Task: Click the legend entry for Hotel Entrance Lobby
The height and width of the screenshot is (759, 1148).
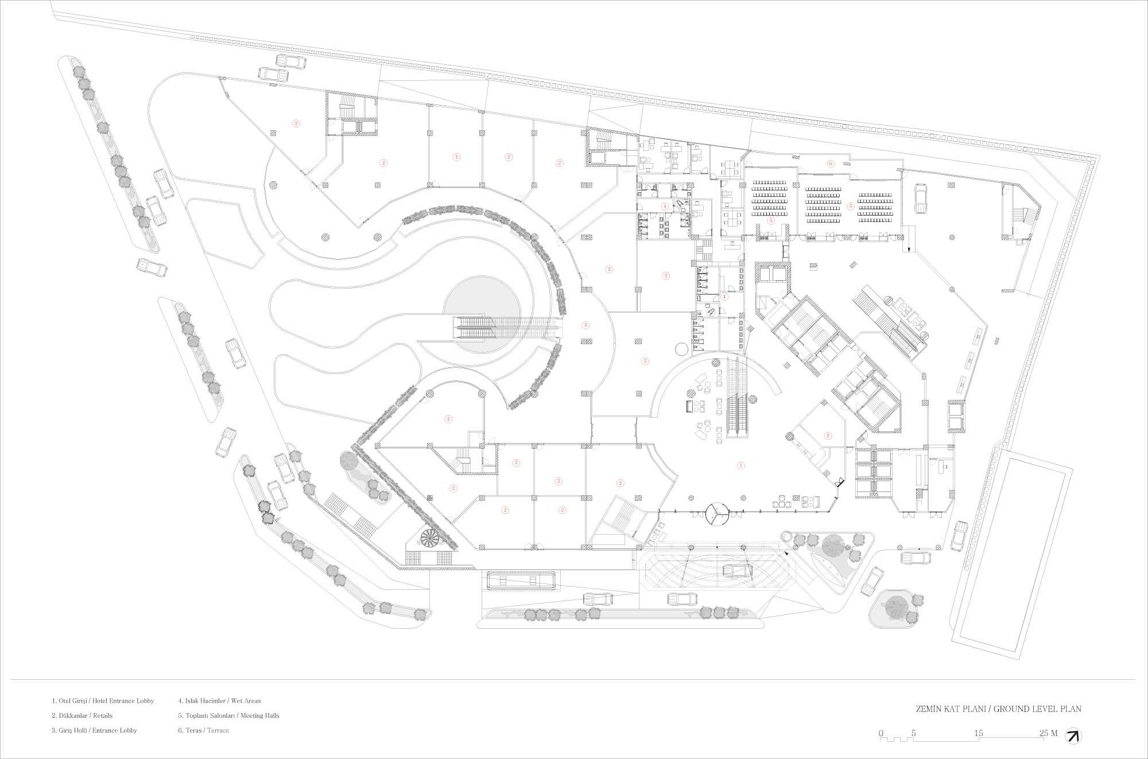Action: coord(103,701)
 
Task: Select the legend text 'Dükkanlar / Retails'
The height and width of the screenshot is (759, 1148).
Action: coord(82,716)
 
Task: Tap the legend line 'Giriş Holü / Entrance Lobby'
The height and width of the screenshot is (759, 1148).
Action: coord(95,730)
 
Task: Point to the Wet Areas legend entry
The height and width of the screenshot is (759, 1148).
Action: coord(219,701)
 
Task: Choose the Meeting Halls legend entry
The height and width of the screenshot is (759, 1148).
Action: coord(228,716)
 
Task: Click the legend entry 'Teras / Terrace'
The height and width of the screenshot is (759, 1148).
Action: coord(203,730)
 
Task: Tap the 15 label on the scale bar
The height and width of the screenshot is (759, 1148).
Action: coord(978,733)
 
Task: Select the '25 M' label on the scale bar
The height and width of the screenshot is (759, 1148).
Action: coord(1048,733)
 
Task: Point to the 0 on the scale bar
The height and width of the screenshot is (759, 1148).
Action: coord(881,733)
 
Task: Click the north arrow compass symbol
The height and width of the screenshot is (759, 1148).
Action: coord(1073,736)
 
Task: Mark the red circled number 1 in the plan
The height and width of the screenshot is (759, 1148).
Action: coord(740,466)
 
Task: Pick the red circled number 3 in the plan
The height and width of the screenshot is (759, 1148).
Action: coord(585,325)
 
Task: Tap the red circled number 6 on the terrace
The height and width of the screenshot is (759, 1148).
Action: coord(830,164)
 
